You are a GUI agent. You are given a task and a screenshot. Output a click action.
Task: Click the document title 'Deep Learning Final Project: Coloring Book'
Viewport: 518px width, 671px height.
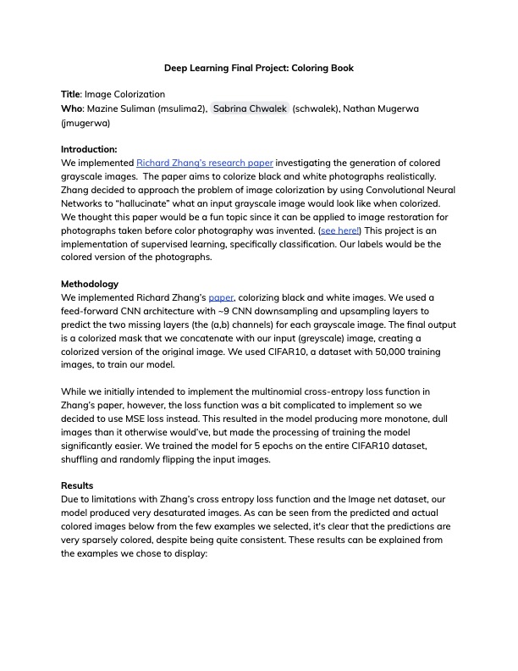259,67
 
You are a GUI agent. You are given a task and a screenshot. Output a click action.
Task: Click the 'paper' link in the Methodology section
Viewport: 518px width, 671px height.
221,298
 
